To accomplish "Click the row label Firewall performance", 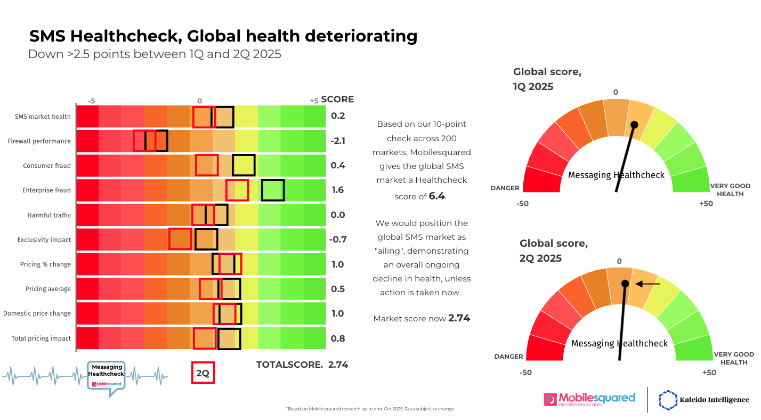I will (39, 141).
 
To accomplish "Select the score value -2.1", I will (338, 141).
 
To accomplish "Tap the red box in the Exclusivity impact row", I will (180, 239).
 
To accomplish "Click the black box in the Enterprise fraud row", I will (273, 190).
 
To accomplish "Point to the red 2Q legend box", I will (203, 373).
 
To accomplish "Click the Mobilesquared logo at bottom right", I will (589, 399).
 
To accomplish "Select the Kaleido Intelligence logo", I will (704, 400).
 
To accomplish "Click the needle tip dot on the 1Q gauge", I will (634, 125).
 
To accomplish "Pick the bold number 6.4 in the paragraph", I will (436, 196).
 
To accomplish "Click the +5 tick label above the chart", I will (314, 101).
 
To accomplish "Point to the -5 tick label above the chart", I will (92, 101).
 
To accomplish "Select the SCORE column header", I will (337, 99).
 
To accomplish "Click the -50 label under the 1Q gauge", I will (523, 204).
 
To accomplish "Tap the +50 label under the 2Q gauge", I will (709, 373).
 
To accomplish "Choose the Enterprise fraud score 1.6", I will (338, 190).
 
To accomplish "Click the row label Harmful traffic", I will (49, 215).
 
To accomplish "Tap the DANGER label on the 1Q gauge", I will (505, 188).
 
